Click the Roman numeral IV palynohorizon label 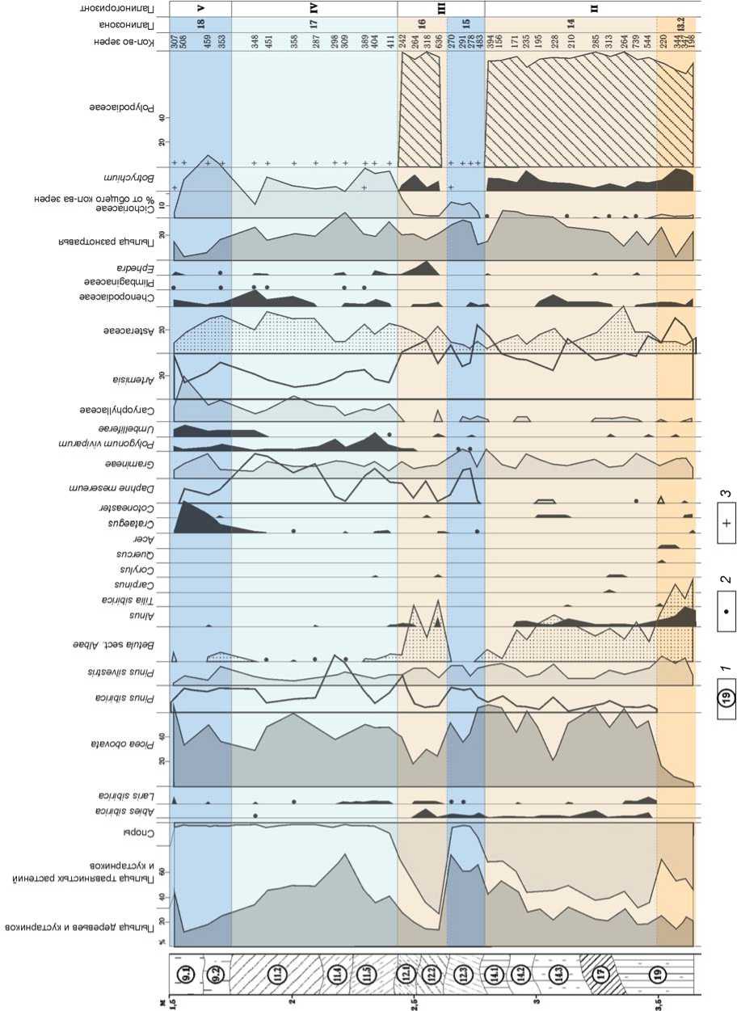[x=314, y=8]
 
